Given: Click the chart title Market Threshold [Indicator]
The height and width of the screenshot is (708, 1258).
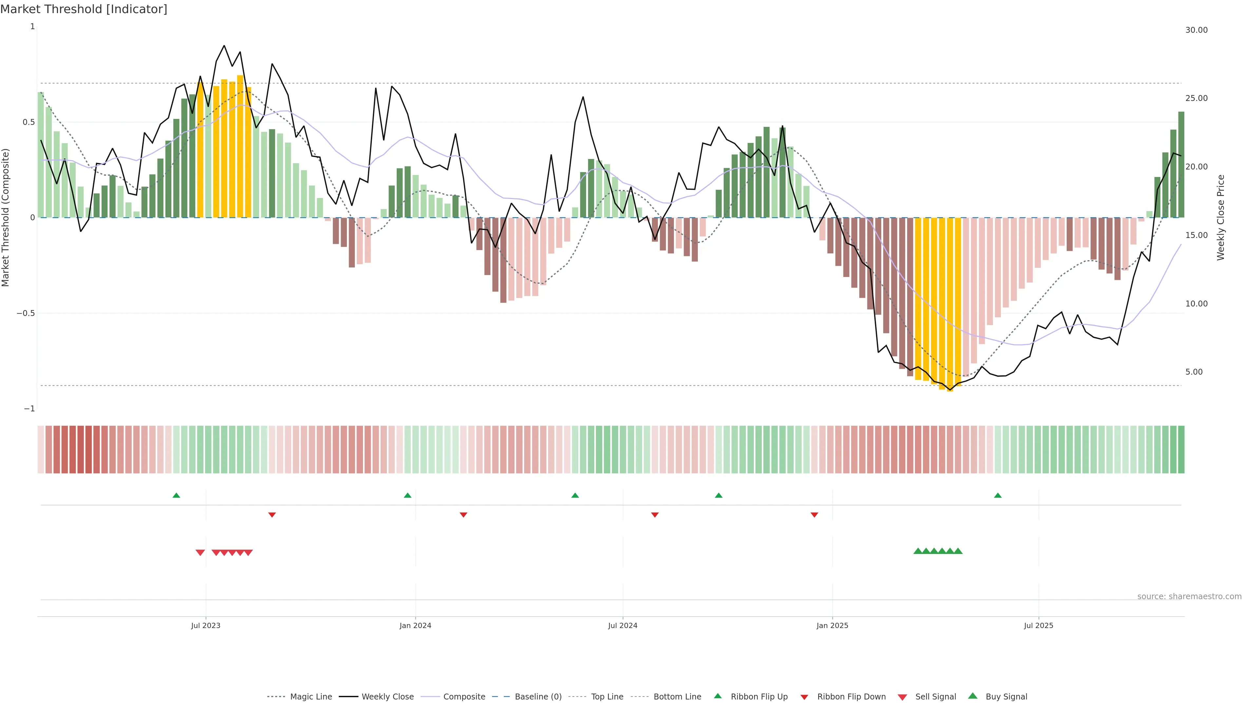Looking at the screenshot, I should (x=84, y=9).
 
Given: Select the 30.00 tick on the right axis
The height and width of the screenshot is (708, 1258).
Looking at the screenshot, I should (x=1196, y=30).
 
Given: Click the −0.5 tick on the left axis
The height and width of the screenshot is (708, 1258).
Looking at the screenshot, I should (x=26, y=313).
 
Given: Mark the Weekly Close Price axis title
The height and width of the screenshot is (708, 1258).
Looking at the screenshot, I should (x=1221, y=217).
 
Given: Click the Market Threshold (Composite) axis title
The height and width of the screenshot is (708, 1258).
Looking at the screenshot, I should (x=6, y=217).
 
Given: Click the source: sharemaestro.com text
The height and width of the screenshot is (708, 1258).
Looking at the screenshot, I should (x=1189, y=597).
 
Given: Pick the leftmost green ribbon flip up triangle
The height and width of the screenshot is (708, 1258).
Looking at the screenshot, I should (x=176, y=496).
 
